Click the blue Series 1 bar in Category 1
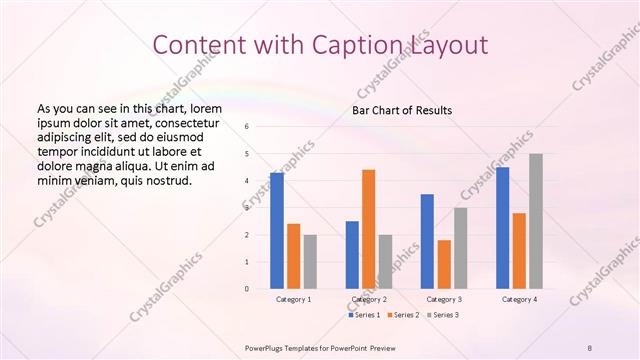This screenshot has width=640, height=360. click(277, 231)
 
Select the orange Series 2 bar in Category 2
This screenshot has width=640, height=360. click(368, 229)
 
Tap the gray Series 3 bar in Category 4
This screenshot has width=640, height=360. click(536, 221)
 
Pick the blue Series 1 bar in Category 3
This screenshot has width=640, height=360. click(427, 241)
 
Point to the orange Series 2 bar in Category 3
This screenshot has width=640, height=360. click(444, 264)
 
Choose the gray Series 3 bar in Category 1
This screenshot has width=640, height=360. click(310, 262)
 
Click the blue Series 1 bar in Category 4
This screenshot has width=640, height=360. click(502, 228)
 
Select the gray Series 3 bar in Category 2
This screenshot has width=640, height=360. click(385, 262)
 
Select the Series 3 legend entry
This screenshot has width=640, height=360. click(443, 315)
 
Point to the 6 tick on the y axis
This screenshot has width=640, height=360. click(247, 127)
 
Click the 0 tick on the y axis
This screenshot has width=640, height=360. click(247, 289)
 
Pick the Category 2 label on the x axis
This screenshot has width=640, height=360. click(369, 299)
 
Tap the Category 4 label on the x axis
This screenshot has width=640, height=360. click(519, 299)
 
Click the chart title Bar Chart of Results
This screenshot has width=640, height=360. click(402, 110)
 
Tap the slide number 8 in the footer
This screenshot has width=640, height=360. click(589, 346)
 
